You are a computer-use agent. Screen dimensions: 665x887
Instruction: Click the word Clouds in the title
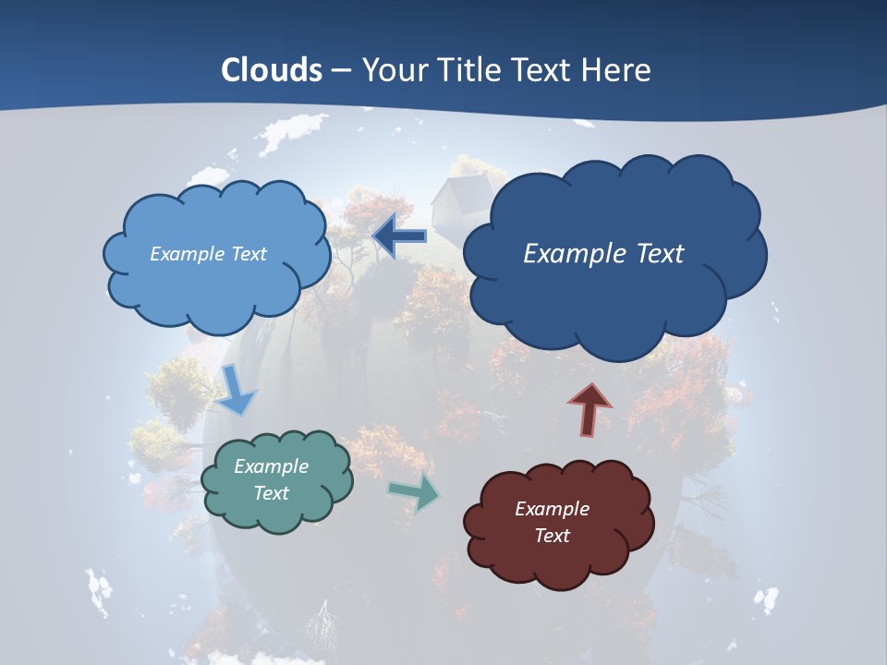click(272, 70)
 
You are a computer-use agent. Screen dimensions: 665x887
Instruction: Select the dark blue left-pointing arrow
click(399, 236)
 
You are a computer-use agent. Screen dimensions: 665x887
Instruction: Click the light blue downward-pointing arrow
click(236, 390)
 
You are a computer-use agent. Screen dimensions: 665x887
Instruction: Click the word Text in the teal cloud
click(272, 493)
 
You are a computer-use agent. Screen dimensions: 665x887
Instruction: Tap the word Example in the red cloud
click(552, 509)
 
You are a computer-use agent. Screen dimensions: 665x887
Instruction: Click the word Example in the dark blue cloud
click(572, 254)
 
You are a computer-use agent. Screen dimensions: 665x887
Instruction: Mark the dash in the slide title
click(342, 70)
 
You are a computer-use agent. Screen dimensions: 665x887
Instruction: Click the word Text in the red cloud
click(552, 536)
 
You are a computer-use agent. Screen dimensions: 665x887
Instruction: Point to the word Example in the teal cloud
click(272, 466)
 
